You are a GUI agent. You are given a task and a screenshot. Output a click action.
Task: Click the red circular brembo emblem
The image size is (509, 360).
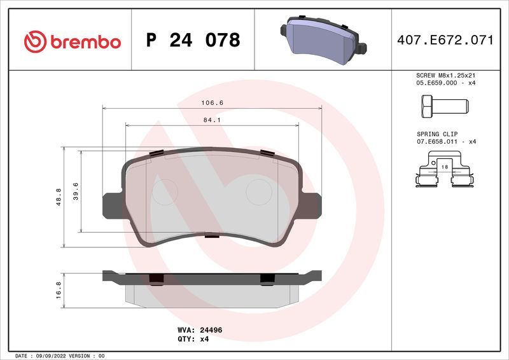34,42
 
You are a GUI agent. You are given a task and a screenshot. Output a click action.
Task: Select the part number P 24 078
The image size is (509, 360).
193,41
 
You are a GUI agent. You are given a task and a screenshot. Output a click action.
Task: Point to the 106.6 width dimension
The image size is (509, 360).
213,102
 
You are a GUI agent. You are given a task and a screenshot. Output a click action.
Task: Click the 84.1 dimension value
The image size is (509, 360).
213,119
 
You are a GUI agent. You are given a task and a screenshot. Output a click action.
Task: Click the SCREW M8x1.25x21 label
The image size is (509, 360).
445,75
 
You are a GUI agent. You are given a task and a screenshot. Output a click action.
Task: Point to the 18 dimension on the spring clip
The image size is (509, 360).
445,166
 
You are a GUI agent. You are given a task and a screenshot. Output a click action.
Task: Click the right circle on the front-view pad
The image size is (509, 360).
258,190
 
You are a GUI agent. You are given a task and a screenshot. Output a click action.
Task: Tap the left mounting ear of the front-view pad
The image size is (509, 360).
111,204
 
